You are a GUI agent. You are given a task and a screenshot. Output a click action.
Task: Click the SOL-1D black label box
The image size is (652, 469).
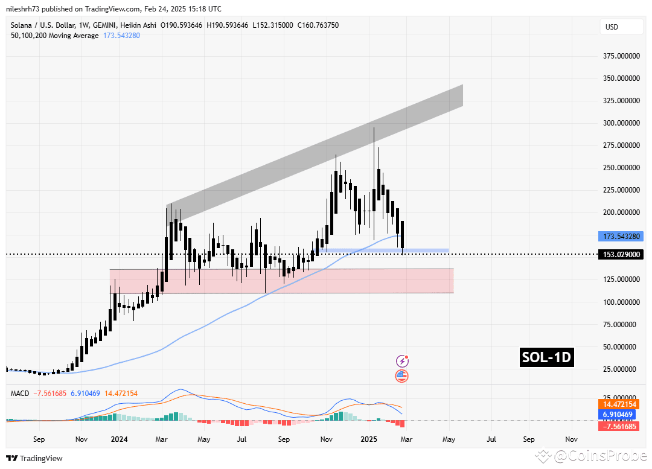[546, 358]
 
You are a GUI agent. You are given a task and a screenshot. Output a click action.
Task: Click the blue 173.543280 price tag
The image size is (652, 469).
[621, 236]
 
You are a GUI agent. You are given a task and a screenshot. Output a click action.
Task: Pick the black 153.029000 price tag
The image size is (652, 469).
[621, 255]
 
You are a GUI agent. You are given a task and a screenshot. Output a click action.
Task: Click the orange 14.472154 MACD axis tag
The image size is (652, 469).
[621, 403]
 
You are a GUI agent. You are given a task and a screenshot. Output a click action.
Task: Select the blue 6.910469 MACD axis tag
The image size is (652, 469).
[621, 415]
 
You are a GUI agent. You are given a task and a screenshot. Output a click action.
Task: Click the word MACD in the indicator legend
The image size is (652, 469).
[21, 394]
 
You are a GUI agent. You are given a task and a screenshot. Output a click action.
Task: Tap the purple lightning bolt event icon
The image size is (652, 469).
[402, 361]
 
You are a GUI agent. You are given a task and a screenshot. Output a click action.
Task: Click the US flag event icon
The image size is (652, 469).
[402, 376]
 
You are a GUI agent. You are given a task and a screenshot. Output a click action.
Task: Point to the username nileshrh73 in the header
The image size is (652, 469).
[29, 9]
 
